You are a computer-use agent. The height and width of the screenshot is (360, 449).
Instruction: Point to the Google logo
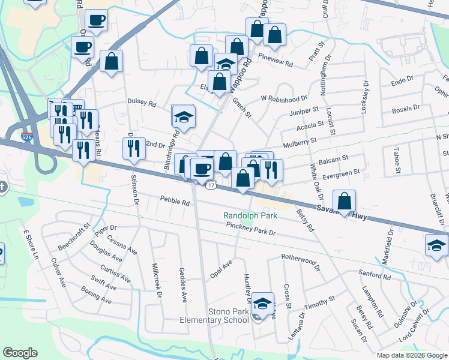coord(20,353)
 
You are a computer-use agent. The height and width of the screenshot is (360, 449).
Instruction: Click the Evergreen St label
coord(340,173)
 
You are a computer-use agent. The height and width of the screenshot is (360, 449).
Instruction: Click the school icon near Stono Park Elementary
coord(262,304)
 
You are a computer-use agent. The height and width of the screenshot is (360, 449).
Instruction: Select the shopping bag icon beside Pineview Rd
coord(274,35)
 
